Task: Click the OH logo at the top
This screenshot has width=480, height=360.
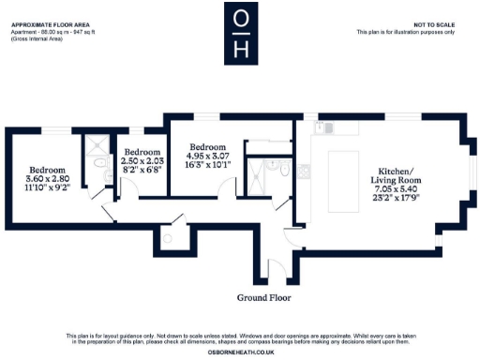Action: pos(240,35)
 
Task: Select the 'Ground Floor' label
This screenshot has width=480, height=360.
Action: pos(264,297)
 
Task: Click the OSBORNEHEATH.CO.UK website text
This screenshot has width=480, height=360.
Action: pos(240,352)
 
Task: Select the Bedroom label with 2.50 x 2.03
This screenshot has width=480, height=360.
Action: pos(142,152)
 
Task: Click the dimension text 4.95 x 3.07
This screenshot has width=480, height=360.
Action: pos(207,157)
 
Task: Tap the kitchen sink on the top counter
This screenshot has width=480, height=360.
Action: pos(331,126)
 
